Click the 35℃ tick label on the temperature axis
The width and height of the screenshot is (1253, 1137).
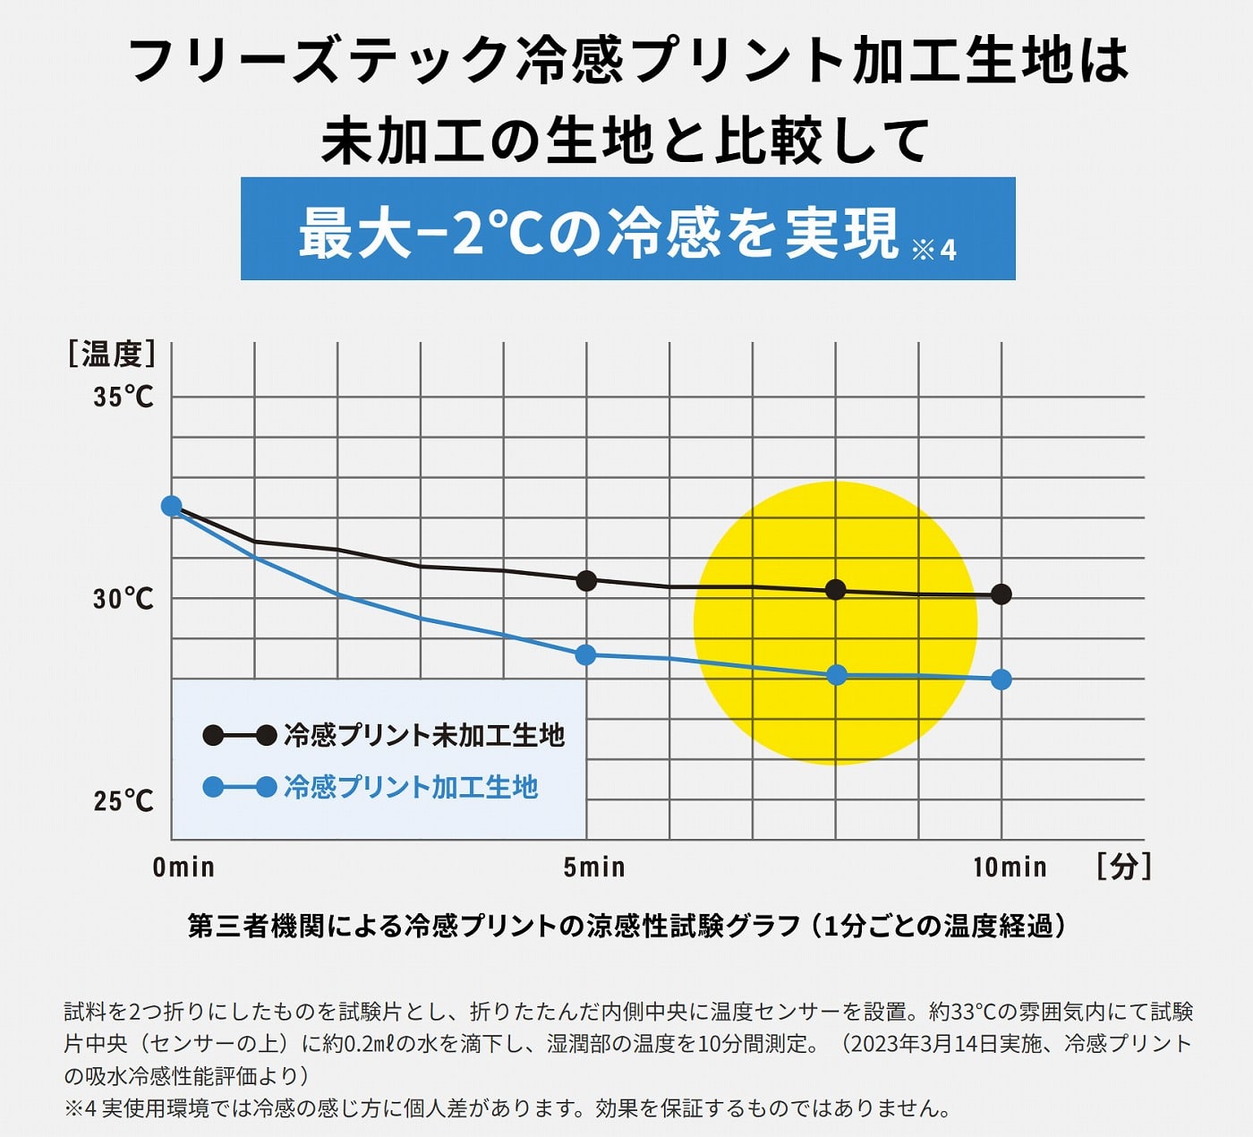(x=124, y=397)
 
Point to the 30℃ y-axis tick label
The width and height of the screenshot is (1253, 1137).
(x=124, y=598)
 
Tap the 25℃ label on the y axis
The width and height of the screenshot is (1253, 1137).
(x=124, y=800)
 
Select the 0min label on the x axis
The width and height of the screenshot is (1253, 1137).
(x=183, y=867)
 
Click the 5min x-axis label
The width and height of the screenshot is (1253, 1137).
(x=594, y=867)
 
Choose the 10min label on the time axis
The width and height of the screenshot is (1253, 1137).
(x=1010, y=867)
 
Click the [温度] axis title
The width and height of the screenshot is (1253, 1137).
(x=112, y=354)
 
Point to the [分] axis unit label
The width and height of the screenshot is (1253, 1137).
(x=1124, y=866)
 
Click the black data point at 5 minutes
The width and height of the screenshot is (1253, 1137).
(x=586, y=581)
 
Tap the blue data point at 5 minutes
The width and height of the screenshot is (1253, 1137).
(x=585, y=655)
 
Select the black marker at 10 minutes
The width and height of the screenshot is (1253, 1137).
(x=1002, y=594)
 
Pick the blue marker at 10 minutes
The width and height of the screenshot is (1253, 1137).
(x=1002, y=680)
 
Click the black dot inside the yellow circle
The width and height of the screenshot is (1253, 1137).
(x=835, y=589)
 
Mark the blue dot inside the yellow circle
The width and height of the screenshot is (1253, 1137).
(x=836, y=675)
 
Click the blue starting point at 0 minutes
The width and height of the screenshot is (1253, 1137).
(x=171, y=506)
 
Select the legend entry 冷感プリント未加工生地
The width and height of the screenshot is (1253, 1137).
(x=423, y=736)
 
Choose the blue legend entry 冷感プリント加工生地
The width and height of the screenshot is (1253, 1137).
(x=410, y=787)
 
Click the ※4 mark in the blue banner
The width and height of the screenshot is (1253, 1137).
(x=934, y=249)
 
